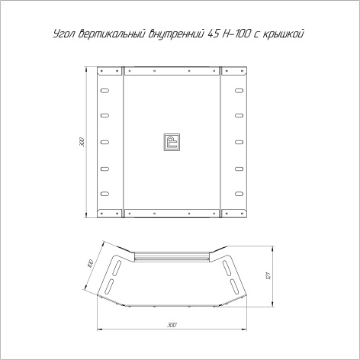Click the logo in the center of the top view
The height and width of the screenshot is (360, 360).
point(172,141)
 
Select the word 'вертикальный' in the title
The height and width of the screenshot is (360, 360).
point(109,35)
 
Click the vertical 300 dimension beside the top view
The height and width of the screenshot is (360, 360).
point(81,142)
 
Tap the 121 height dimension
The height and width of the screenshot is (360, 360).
point(268,275)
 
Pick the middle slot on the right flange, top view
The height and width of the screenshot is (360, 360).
point(239,142)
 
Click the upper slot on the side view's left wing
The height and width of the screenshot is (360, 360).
point(118,266)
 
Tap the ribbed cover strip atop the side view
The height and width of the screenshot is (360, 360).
point(172,257)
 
